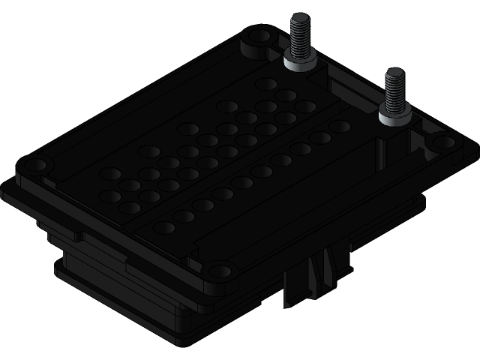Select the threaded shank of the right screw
pyautogui.click(x=394, y=91)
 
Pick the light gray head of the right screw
pyautogui.click(x=394, y=115)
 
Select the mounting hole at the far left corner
pyautogui.click(x=36, y=163)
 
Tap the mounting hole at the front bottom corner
pyautogui.click(x=217, y=271)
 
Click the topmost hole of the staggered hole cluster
pyautogui.click(x=265, y=83)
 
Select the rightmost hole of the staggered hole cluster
pyautogui.click(x=304, y=106)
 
